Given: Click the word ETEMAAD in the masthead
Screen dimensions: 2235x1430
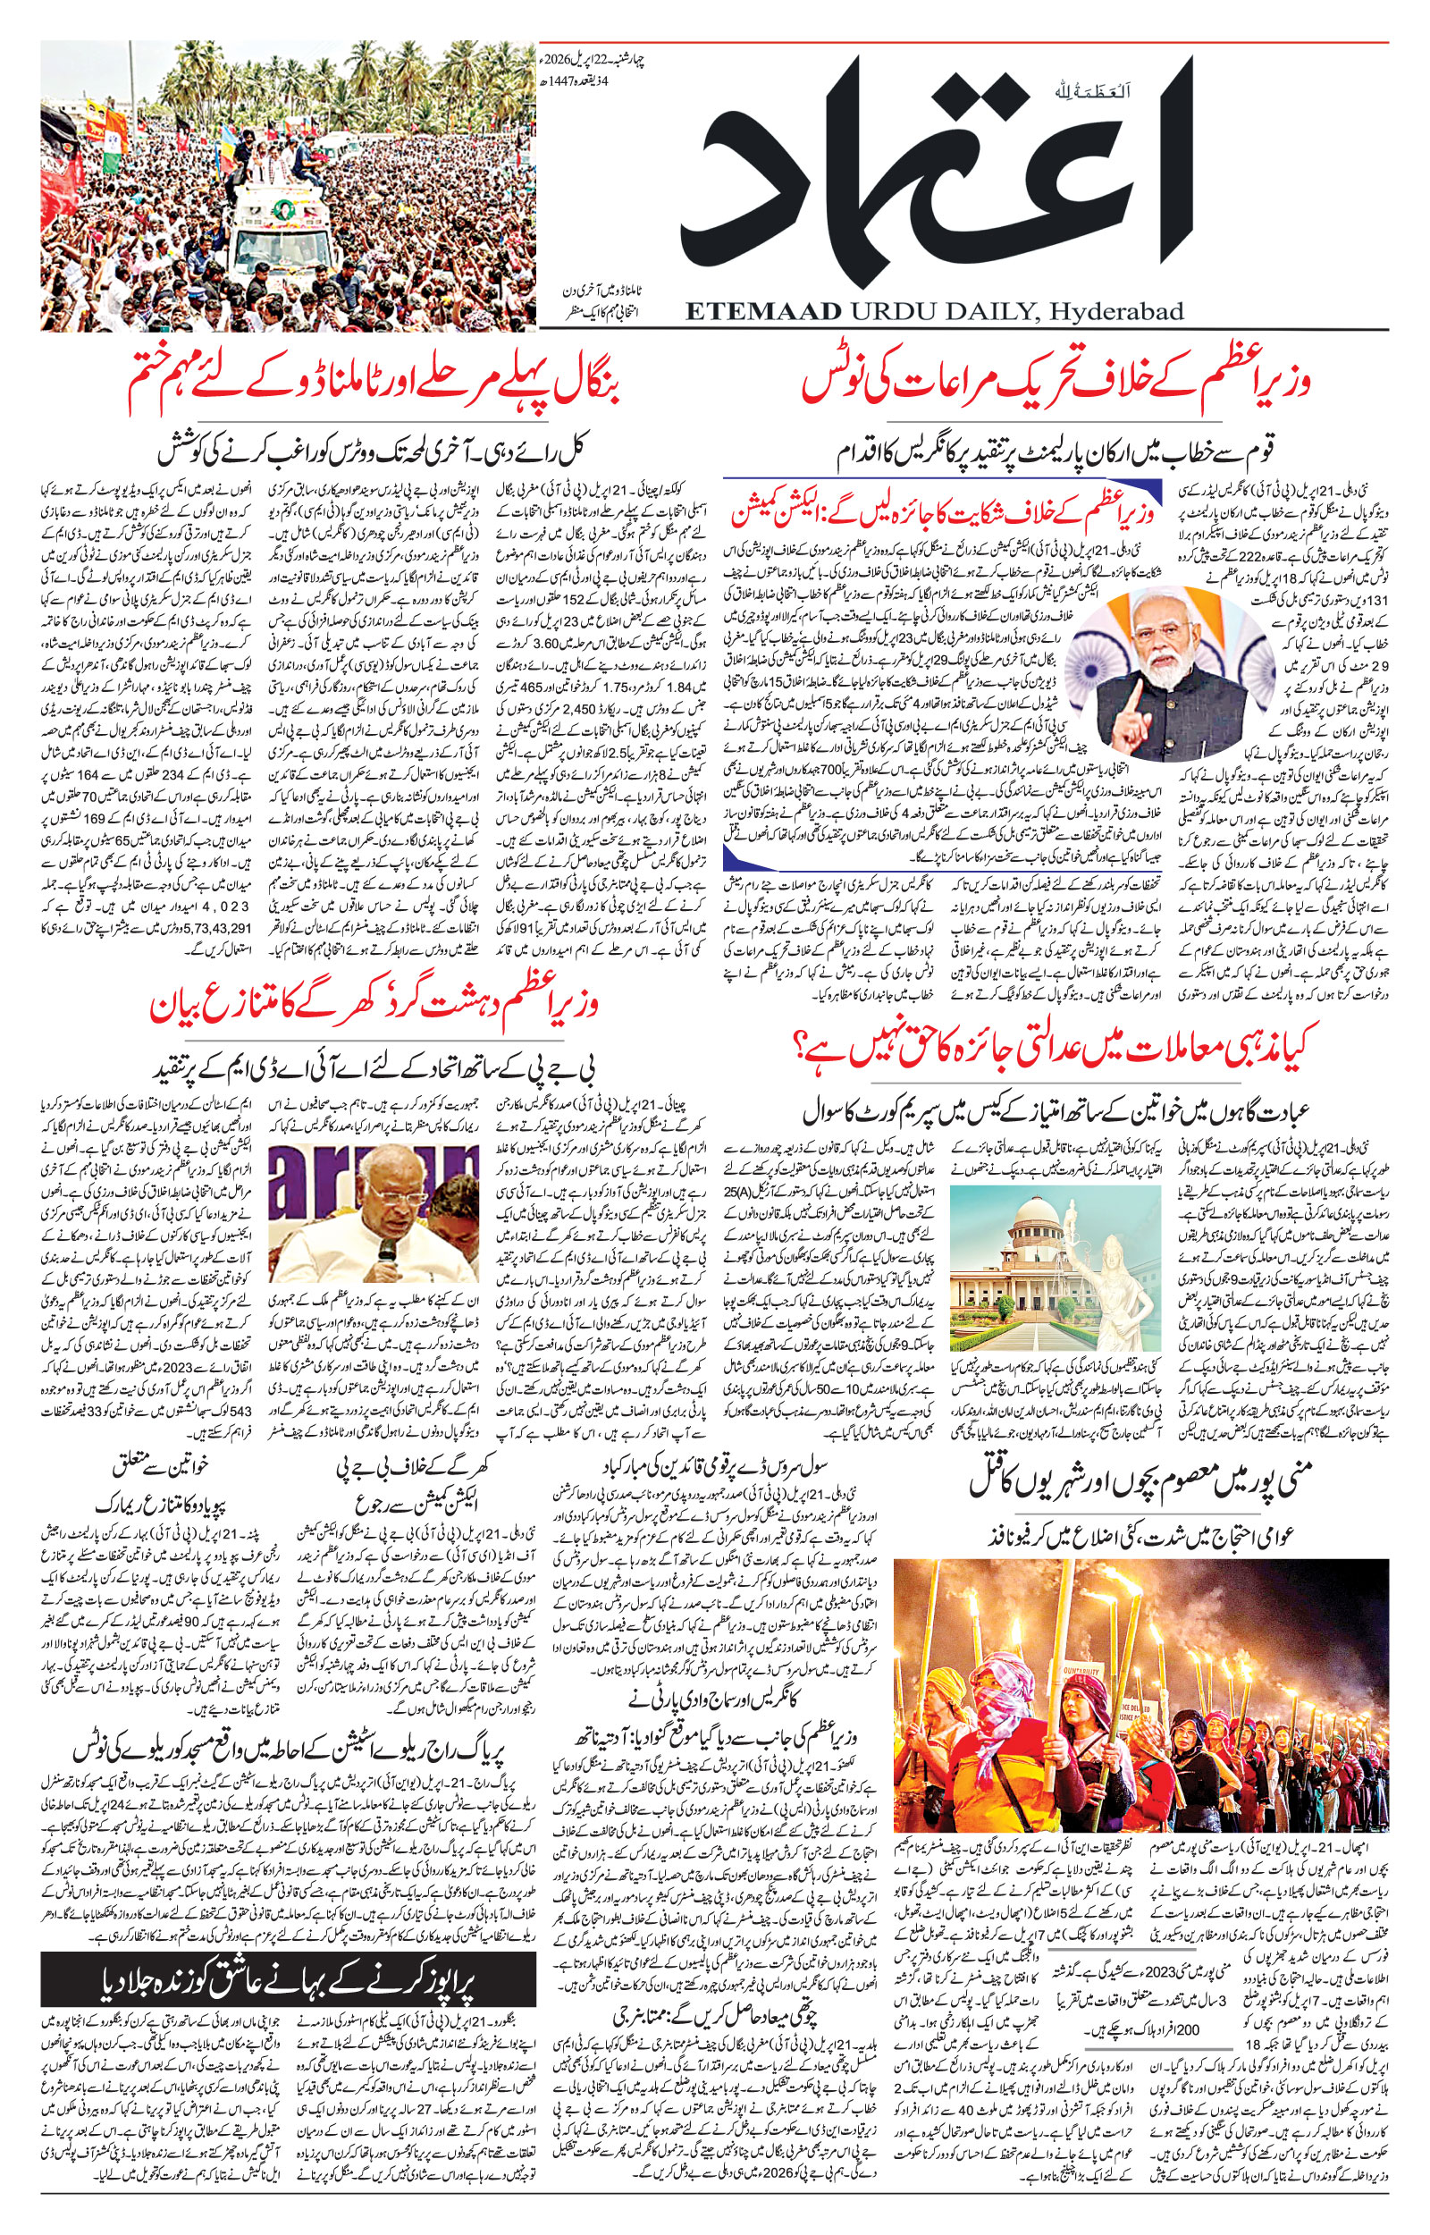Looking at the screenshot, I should coord(763,311).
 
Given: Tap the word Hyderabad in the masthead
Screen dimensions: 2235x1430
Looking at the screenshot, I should coord(1115,311).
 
